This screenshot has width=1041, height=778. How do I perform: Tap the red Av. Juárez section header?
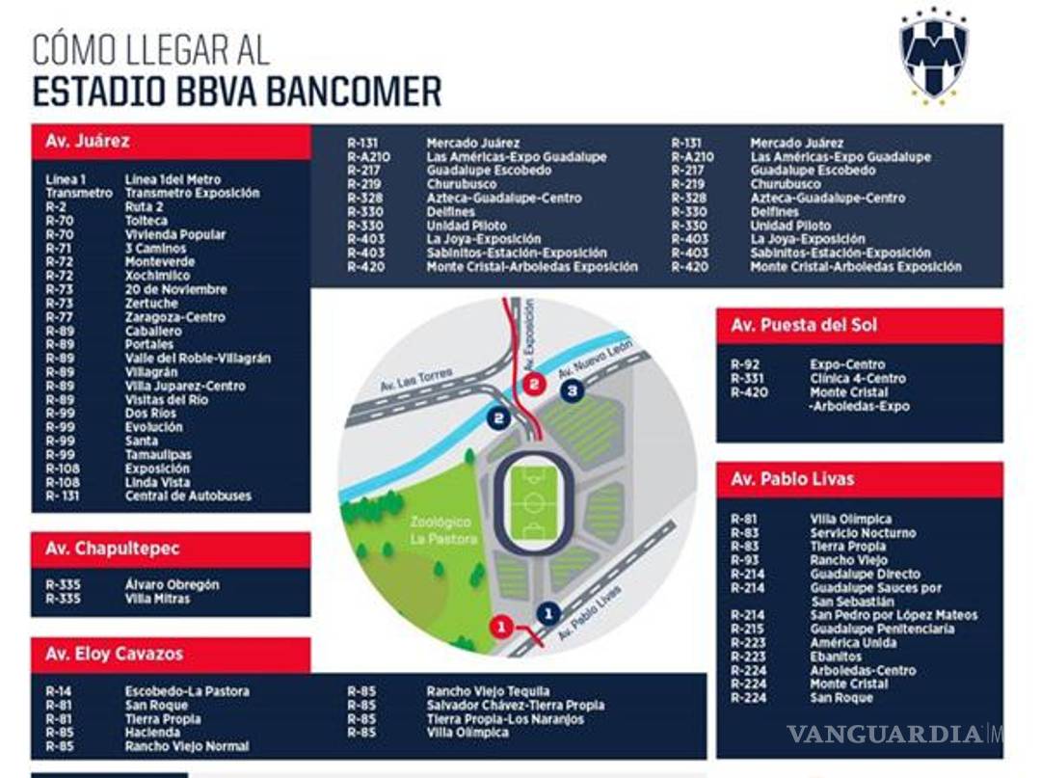click(x=171, y=141)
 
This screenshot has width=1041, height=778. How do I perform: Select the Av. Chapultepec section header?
click(x=171, y=549)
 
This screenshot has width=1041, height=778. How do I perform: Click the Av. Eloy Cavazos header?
click(x=171, y=654)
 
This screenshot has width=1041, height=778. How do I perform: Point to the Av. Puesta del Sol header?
click(x=859, y=325)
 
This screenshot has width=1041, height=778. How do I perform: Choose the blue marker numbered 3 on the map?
click(x=572, y=390)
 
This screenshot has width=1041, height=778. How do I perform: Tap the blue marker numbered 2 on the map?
click(x=498, y=418)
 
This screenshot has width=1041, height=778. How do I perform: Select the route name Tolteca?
click(x=146, y=221)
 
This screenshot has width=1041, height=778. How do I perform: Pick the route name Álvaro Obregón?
click(x=172, y=584)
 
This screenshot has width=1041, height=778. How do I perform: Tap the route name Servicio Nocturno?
click(x=863, y=532)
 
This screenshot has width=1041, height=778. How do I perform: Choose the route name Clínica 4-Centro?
click(x=858, y=379)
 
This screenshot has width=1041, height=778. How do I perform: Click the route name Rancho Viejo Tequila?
click(x=488, y=691)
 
